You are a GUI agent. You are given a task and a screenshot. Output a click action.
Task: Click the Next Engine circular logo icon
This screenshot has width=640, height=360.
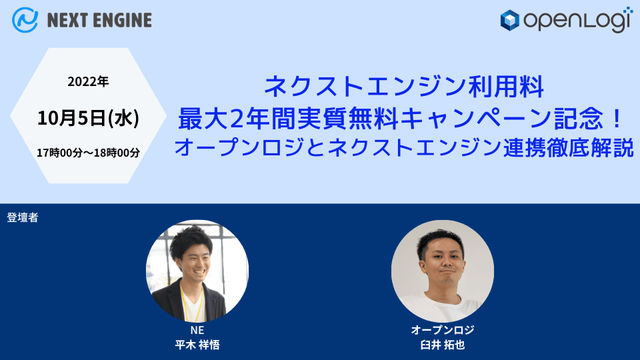(25, 20)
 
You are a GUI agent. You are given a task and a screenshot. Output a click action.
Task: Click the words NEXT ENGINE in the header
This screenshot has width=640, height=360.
(99, 21)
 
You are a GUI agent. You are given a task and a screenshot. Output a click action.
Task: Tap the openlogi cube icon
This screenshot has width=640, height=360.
(510, 21)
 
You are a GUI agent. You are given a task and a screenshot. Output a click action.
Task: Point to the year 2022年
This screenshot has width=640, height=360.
(88, 83)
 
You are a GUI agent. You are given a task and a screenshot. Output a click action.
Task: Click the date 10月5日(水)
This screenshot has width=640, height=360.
(88, 119)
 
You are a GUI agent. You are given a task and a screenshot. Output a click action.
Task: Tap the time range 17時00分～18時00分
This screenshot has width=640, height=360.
(88, 153)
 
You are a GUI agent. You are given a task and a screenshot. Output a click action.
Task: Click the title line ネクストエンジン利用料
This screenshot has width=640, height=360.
(404, 87)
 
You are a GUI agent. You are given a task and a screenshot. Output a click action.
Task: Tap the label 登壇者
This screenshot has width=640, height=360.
(23, 217)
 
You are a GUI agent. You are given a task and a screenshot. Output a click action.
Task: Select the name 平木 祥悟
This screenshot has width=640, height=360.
(197, 345)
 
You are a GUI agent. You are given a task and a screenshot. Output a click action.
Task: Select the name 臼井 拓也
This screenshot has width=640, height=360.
(442, 345)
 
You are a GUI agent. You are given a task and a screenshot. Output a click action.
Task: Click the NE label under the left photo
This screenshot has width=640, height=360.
(197, 331)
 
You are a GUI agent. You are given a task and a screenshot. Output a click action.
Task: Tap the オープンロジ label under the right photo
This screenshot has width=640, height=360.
(442, 331)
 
